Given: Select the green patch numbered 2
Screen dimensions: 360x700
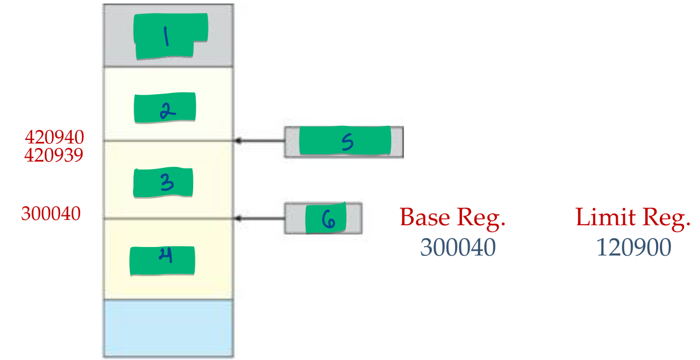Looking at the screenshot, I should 165,108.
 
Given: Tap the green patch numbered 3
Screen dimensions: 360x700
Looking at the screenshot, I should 163,183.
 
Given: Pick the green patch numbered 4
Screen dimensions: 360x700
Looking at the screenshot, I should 162,261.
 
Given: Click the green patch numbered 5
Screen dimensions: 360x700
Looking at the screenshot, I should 344,141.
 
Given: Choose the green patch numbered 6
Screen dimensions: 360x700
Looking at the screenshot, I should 326,218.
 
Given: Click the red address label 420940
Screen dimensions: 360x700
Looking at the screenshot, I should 54,137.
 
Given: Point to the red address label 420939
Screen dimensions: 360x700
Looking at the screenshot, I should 54,155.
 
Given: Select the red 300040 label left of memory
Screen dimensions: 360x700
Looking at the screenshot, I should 51,214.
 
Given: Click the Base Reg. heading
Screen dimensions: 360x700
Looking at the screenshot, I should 453,218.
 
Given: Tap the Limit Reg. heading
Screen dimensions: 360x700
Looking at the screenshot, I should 633,218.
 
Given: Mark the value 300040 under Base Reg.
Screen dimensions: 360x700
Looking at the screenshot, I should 457,247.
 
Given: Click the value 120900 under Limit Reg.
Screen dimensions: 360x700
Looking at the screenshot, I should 634,247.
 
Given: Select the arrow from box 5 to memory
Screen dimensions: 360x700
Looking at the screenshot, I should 260,141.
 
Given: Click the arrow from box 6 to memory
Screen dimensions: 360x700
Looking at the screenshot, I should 260,218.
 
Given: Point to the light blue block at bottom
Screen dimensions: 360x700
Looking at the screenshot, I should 168,328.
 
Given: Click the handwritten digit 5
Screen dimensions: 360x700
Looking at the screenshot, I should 347,142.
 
